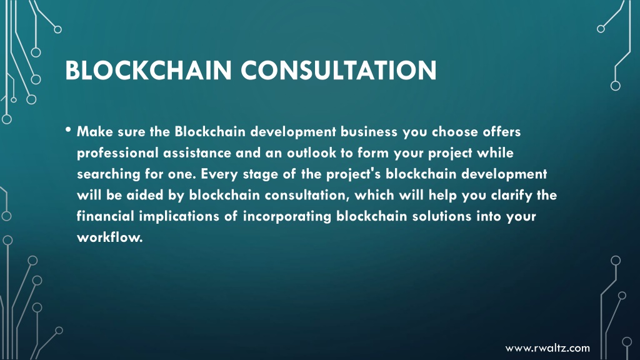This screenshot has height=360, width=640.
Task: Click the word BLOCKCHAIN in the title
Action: click(149, 70)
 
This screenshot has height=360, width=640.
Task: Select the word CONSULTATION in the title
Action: click(339, 70)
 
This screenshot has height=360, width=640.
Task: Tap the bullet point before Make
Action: click(67, 130)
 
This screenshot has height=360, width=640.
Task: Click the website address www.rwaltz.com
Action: click(547, 348)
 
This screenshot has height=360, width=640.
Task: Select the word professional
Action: click(117, 153)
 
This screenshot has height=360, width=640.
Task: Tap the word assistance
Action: click(197, 153)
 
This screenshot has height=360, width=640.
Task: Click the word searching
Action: click(109, 174)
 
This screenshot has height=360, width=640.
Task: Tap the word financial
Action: click(105, 216)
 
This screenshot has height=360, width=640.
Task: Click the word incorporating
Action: click(287, 217)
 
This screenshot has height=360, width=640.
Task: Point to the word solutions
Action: click(442, 216)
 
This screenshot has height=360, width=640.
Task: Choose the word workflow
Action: click(110, 237)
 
